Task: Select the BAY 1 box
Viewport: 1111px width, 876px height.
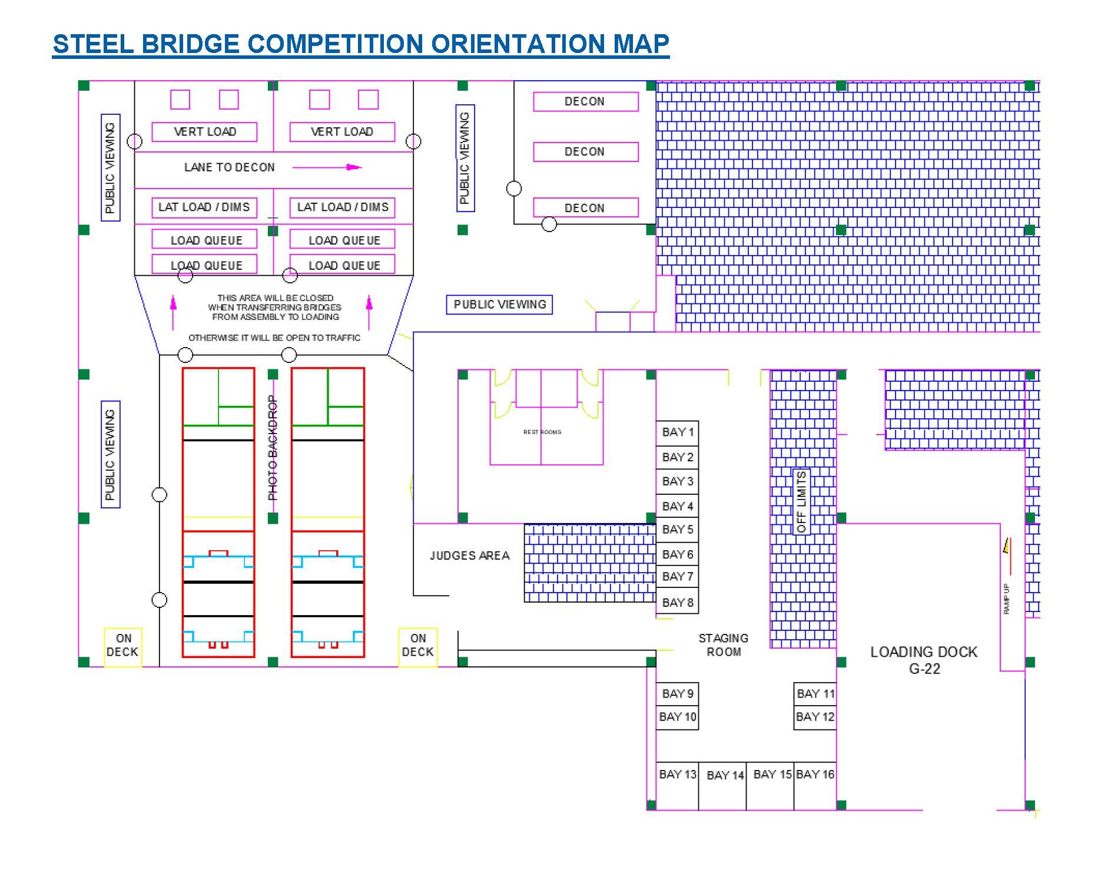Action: (677, 432)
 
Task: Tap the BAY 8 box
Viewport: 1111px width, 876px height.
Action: (677, 602)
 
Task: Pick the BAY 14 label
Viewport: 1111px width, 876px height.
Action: (725, 775)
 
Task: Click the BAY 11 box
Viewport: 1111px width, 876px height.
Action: (815, 693)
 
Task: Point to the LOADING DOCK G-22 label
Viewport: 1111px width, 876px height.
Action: (924, 660)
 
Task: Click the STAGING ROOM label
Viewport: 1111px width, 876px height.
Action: (723, 645)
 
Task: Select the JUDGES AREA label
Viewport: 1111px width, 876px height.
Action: (469, 556)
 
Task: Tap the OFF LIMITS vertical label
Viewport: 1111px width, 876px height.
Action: (801, 501)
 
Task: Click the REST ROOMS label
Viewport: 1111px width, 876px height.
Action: (542, 432)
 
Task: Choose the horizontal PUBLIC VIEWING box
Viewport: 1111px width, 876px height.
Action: (499, 305)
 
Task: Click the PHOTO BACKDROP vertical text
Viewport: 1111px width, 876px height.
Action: (272, 448)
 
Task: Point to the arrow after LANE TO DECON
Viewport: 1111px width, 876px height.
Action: (327, 167)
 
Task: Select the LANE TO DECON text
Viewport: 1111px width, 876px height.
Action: (229, 167)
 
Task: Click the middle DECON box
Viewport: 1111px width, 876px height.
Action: (585, 151)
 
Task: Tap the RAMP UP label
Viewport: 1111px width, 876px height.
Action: (1006, 599)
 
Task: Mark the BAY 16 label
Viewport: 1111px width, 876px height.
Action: (815, 774)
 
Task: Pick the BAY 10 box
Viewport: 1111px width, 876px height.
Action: (677, 717)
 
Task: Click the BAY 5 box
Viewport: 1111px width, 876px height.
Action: (677, 530)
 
